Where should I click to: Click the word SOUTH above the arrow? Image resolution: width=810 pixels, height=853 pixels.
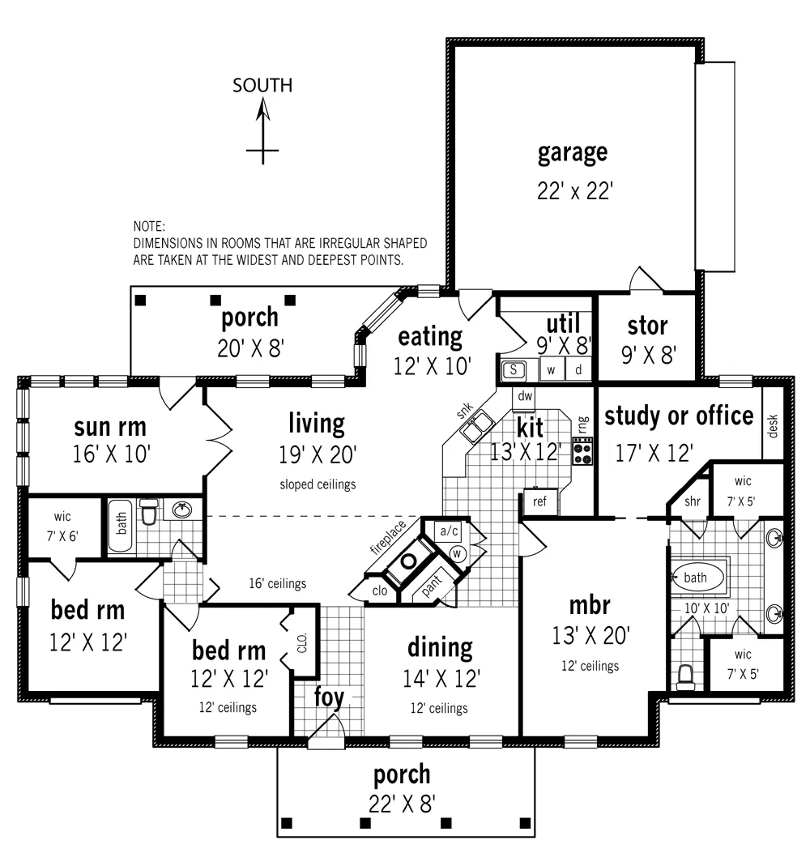pos(262,85)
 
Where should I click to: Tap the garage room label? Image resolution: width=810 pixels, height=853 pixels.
pos(573,151)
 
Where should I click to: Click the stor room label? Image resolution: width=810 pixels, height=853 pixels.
pos(647,326)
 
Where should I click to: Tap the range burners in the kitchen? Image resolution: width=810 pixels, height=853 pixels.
pos(582,450)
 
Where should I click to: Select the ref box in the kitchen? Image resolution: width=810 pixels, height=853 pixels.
pos(540,501)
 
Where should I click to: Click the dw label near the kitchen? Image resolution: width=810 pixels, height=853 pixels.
pos(524,397)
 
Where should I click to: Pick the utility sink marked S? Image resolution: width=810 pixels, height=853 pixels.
pos(514,370)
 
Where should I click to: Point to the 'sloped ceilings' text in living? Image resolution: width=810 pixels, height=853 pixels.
pos(318,484)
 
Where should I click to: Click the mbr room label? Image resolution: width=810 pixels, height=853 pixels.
pos(589,605)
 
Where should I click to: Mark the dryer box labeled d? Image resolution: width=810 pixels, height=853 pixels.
pos(578,370)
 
